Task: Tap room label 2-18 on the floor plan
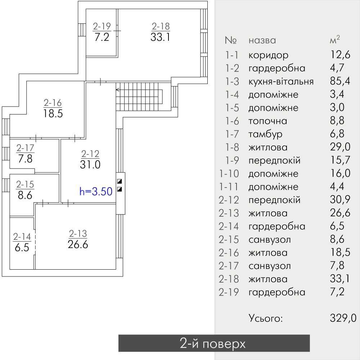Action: [161, 26]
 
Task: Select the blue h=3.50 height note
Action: [96, 191]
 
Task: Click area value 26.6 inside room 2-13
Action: [78, 244]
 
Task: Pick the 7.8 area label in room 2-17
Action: [24, 158]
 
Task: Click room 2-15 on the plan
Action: [25, 190]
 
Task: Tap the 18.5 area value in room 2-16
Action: [53, 114]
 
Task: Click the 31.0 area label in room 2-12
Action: [90, 165]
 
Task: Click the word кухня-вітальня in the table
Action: [281, 81]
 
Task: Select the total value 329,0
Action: [343, 318]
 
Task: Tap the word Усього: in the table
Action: [266, 318]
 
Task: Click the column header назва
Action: [262, 40]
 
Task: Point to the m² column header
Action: [335, 40]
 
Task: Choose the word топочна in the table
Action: [267, 121]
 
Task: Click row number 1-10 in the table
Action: [229, 174]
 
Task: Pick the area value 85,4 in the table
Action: [340, 81]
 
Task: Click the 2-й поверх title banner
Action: [214, 343]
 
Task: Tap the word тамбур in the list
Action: [265, 134]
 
